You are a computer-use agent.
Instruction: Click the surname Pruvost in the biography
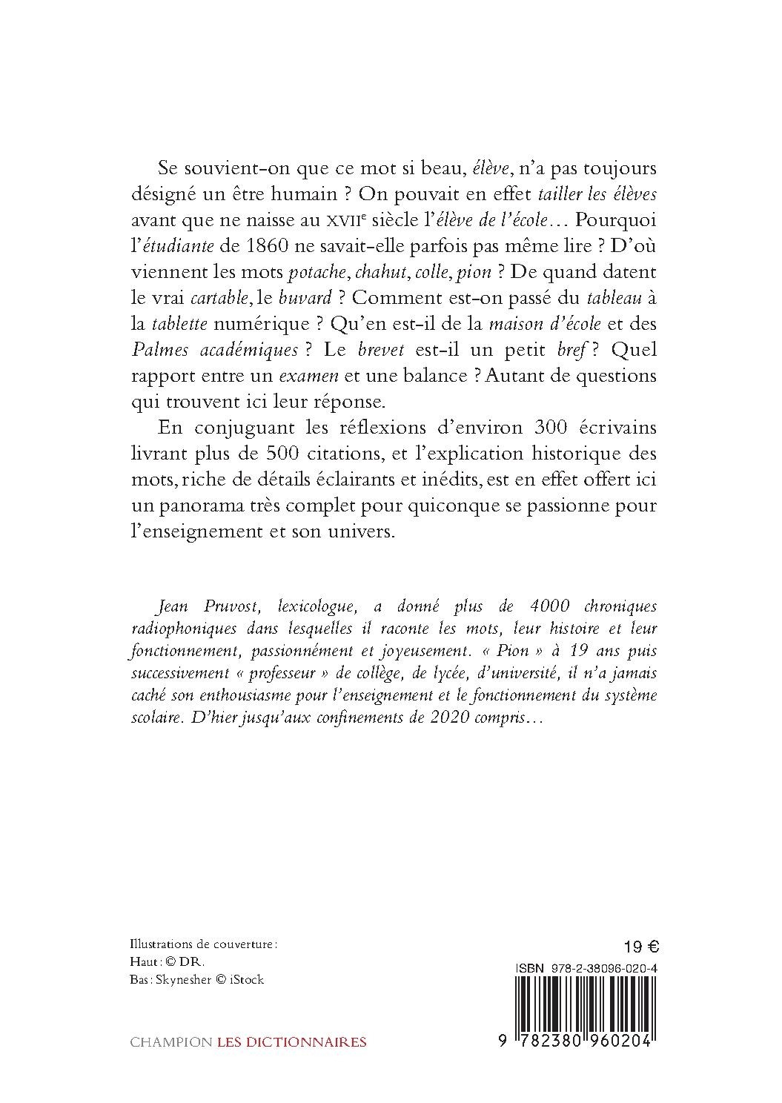tap(226, 607)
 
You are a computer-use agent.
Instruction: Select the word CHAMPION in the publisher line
tap(170, 1041)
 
